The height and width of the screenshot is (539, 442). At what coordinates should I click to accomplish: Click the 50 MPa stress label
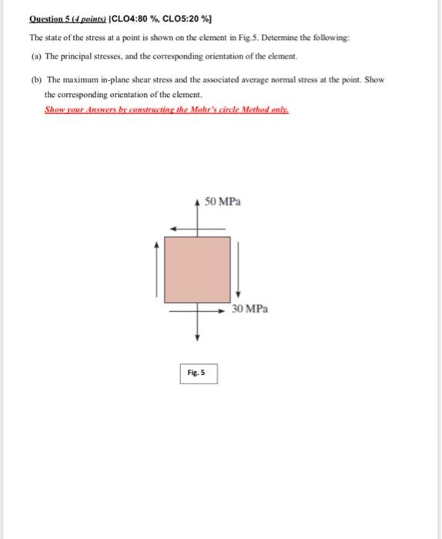tap(223, 201)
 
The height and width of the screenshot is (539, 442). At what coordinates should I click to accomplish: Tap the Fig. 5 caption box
tap(199, 373)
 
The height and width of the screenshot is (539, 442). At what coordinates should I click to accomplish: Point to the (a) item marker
tap(35, 56)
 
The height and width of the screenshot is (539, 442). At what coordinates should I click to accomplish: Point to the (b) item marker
tap(35, 80)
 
